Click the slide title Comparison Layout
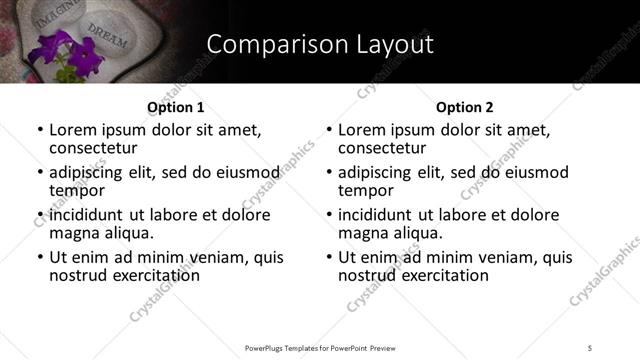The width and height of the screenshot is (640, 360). click(320, 44)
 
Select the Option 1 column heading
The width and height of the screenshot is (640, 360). click(175, 107)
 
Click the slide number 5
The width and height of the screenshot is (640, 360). click(591, 347)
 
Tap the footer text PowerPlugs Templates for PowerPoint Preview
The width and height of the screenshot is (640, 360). click(319, 347)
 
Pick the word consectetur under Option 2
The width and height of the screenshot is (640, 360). click(384, 148)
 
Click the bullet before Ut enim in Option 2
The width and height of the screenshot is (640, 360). click(329, 257)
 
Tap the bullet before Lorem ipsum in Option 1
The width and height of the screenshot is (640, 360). click(40, 130)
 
